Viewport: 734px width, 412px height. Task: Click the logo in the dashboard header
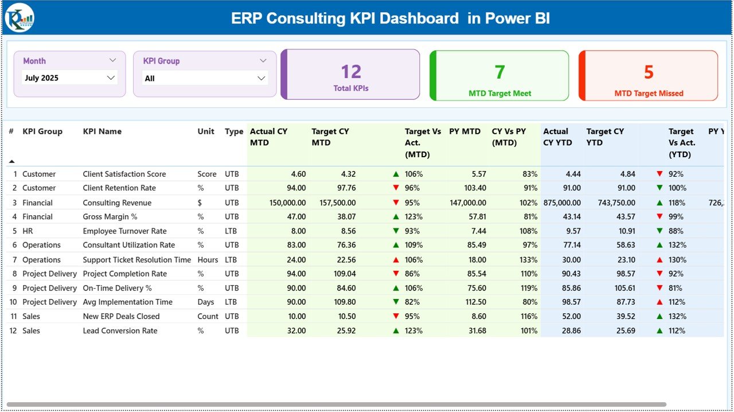[x=19, y=18]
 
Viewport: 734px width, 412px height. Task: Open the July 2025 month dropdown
[x=69, y=78]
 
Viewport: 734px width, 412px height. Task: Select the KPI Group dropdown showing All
[x=205, y=78]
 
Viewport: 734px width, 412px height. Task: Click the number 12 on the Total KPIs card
[x=351, y=72]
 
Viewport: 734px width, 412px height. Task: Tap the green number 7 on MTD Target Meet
[x=499, y=72]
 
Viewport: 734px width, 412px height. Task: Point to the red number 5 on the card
[x=649, y=72]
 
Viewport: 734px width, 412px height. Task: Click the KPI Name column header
[x=102, y=131]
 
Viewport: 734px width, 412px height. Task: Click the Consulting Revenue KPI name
[x=117, y=203]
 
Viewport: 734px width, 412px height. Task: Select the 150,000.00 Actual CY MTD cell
[x=282, y=203]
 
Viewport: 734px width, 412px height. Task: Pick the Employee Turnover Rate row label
[x=124, y=231]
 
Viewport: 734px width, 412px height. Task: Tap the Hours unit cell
[x=208, y=259]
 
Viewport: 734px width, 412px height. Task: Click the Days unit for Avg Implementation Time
[x=205, y=302]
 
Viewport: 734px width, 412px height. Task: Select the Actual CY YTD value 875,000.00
[x=561, y=203]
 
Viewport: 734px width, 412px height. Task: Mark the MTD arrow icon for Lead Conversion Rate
[x=396, y=331]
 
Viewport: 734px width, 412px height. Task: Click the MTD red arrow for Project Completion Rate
[x=396, y=274]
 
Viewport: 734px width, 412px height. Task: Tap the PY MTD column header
[x=464, y=131]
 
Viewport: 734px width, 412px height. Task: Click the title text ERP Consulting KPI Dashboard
[x=345, y=18]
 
